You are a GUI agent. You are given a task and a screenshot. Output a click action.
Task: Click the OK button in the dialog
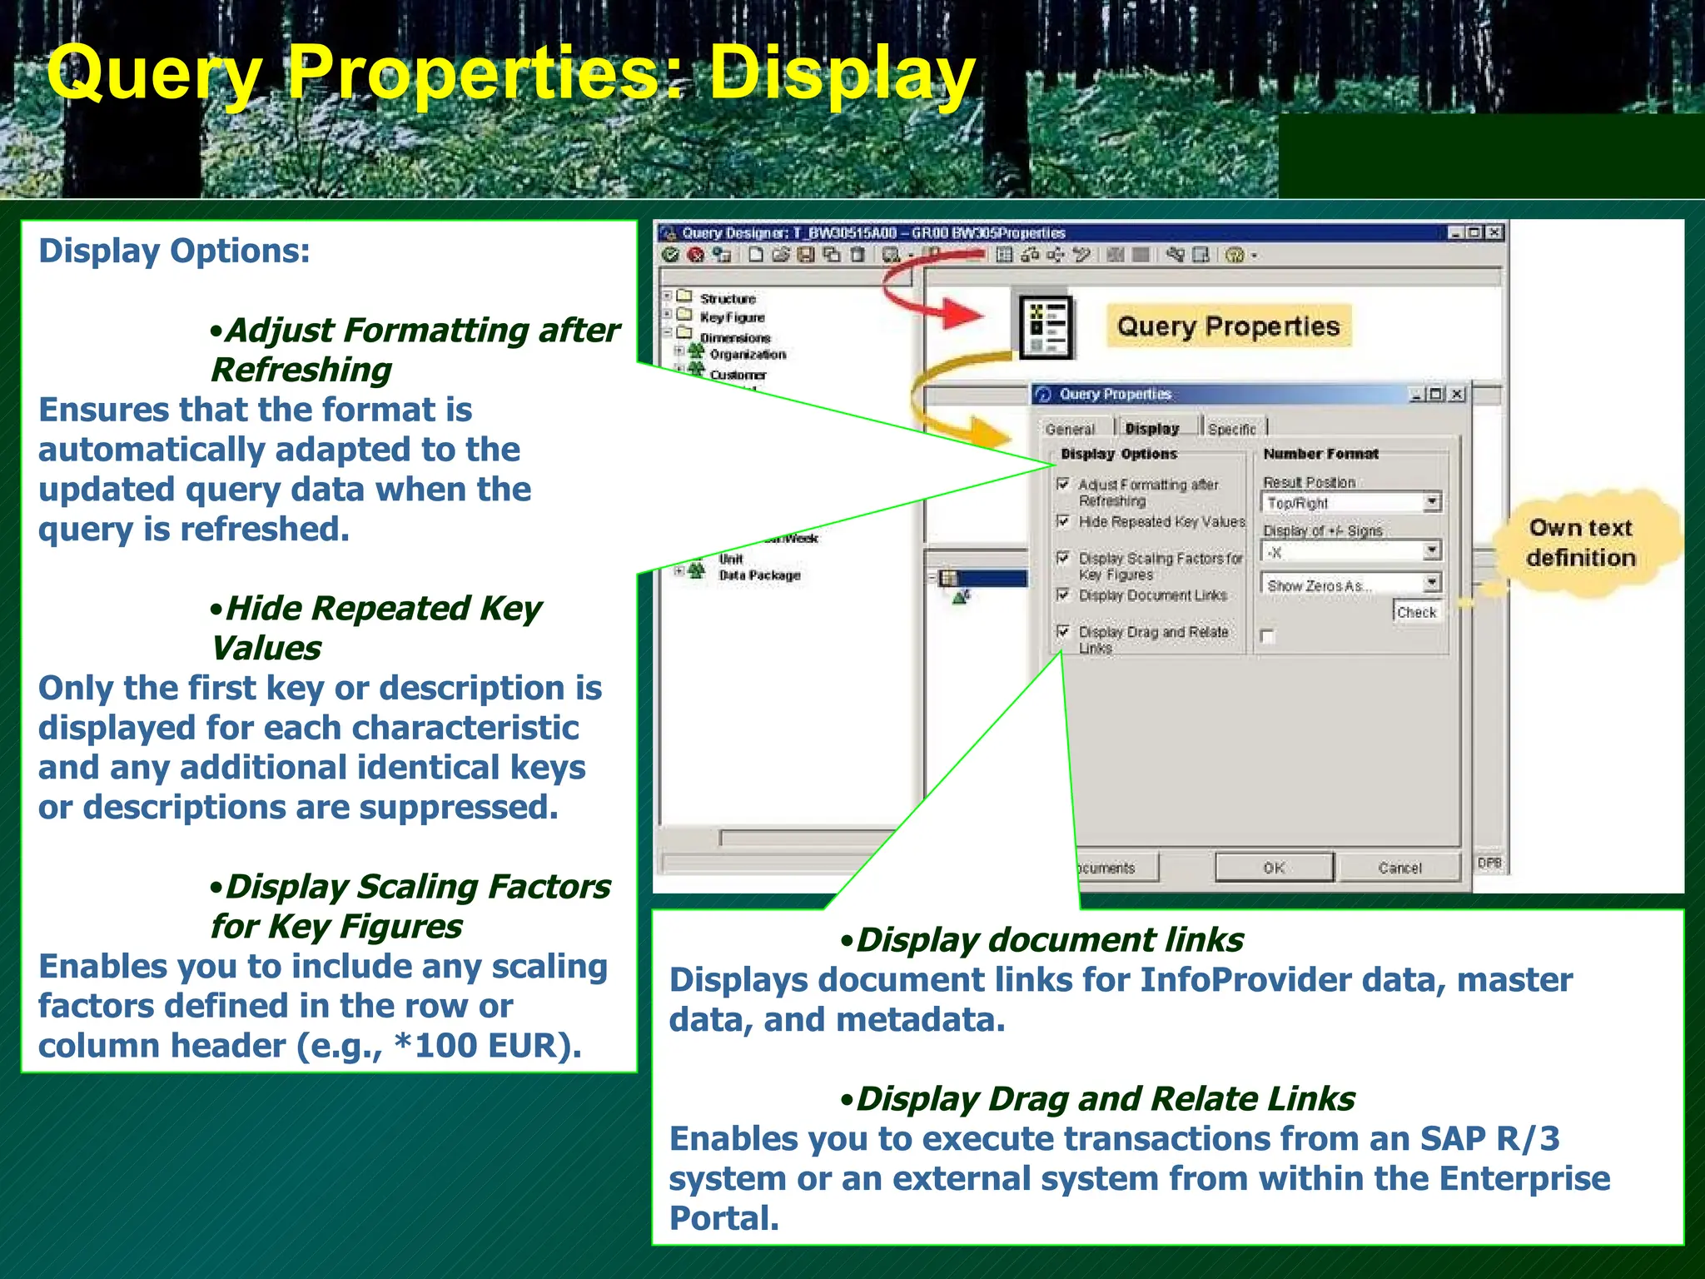(1274, 868)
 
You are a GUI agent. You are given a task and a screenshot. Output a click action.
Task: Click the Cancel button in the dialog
(1399, 868)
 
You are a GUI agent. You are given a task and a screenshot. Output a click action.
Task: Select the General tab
(1070, 429)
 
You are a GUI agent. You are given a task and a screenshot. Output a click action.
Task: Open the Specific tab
(1231, 429)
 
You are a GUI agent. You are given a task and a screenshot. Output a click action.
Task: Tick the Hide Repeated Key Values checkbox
(1063, 521)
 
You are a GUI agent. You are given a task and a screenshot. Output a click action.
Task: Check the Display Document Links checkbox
(1063, 595)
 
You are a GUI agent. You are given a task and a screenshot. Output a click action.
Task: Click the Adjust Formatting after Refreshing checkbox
(1063, 484)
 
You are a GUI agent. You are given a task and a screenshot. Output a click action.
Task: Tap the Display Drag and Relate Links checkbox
(1063, 631)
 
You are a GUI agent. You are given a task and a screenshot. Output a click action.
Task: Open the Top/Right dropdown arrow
(1432, 502)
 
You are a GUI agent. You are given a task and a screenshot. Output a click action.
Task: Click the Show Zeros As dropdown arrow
(1432, 584)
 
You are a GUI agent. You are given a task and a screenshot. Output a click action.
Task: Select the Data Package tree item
(758, 575)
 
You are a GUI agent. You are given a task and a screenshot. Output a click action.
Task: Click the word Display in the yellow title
(841, 75)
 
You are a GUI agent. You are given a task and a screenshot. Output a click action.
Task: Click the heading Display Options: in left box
(174, 251)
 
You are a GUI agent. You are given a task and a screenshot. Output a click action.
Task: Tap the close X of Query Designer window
(1494, 233)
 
